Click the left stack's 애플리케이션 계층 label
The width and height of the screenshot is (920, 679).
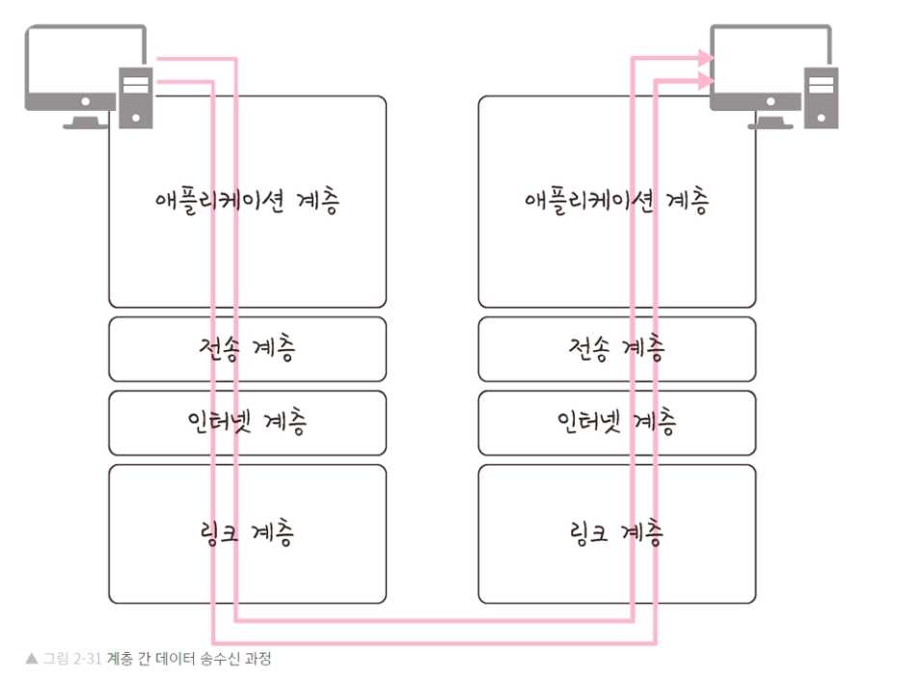click(x=247, y=202)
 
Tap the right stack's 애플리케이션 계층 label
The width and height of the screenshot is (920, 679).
click(x=616, y=202)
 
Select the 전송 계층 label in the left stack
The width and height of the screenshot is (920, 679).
click(x=247, y=348)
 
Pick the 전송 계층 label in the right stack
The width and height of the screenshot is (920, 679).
click(x=616, y=348)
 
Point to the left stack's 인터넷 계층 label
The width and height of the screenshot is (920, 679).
click(x=247, y=421)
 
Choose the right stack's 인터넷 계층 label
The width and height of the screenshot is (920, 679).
click(x=616, y=421)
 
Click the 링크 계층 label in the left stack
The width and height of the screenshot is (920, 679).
click(x=247, y=531)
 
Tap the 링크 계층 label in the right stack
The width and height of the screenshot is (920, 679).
click(x=616, y=531)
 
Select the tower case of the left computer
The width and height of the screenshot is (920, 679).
click(x=136, y=96)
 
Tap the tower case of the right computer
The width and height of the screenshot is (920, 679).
click(x=823, y=96)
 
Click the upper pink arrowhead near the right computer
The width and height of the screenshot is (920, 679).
click(x=707, y=59)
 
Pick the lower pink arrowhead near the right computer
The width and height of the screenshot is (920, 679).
click(x=707, y=82)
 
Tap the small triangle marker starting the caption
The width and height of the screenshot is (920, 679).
click(x=32, y=660)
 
